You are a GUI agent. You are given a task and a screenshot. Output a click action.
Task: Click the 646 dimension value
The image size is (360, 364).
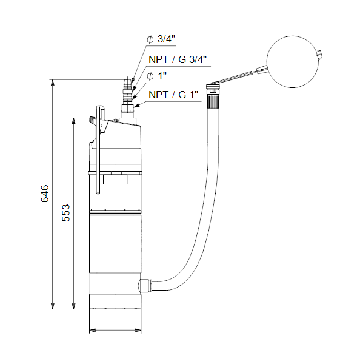[45, 194]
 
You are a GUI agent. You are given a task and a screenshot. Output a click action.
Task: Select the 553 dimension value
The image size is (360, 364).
[66, 213]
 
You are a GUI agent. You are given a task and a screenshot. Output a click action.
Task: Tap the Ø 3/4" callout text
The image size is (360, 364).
[161, 39]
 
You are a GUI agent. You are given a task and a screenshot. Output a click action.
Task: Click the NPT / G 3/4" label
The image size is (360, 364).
[178, 59]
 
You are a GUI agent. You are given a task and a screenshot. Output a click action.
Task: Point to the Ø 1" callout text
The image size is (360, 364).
[157, 76]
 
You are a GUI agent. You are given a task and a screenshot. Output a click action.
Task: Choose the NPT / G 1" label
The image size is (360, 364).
[173, 95]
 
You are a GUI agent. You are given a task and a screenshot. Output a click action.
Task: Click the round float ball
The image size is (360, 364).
[293, 62]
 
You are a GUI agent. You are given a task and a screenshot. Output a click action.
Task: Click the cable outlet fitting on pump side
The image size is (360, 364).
[145, 285]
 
